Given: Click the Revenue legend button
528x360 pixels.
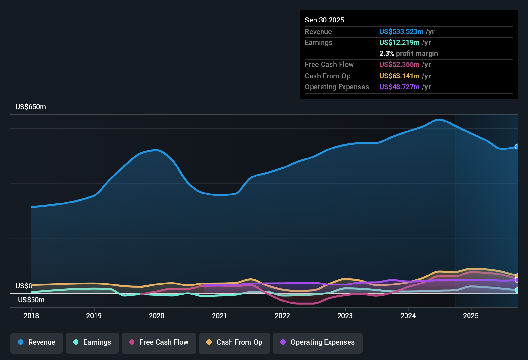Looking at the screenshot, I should [x=37, y=342].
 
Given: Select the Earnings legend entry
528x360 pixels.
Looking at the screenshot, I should [x=92, y=342].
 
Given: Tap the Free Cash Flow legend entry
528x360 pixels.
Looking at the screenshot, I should [x=159, y=342].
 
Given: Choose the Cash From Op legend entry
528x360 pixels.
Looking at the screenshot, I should [x=234, y=342].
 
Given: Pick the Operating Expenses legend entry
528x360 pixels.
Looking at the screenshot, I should [x=318, y=342].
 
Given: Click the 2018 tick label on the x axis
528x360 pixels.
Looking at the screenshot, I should [x=31, y=316].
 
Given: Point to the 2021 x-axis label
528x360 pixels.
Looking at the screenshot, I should [x=220, y=316].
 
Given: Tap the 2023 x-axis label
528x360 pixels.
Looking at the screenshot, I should [x=345, y=316].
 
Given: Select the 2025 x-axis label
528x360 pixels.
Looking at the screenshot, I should [x=471, y=316].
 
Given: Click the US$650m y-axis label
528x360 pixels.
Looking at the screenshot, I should [x=31, y=107].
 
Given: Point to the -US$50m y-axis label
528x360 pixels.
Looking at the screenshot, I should [x=30, y=300].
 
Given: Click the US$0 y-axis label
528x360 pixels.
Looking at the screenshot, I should [x=23, y=286].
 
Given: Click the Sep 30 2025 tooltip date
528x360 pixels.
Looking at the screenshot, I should [x=324, y=20].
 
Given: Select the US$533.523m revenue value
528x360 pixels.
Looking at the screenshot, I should [x=401, y=32].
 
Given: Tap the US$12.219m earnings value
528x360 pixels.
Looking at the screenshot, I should [x=399, y=43].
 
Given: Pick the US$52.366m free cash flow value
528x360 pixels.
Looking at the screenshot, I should [x=399, y=65].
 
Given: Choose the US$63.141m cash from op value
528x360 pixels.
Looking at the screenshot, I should [x=399, y=76].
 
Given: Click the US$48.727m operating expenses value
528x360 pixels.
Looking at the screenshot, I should [x=399, y=87].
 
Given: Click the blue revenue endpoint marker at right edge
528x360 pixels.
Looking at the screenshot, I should [x=517, y=147].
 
